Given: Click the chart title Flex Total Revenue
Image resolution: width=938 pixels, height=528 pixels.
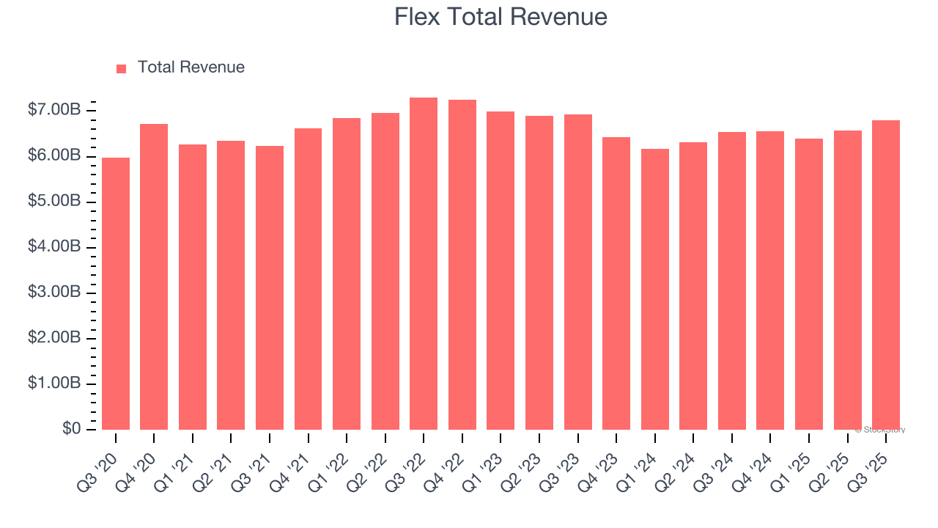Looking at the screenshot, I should tap(501, 17).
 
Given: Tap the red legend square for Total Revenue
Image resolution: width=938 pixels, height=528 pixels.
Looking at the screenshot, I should tap(122, 68).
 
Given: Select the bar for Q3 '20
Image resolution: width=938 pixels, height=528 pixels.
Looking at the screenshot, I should tap(116, 293).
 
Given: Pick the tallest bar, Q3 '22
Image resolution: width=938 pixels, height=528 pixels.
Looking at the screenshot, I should tap(424, 264).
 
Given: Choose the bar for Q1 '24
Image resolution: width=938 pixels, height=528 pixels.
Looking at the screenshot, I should tap(654, 290).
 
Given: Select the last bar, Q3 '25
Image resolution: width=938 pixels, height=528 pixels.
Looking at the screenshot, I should tap(885, 275).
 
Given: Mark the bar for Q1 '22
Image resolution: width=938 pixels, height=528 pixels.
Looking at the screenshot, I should tap(347, 274).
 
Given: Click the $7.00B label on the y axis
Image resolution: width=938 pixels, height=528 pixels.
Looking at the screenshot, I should tap(54, 111).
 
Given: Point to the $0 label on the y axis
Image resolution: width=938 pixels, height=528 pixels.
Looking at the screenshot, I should tap(72, 429).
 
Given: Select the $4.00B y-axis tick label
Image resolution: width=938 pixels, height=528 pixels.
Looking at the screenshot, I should tap(54, 247).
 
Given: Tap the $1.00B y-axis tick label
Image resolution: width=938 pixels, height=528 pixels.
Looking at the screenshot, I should tap(54, 384).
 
